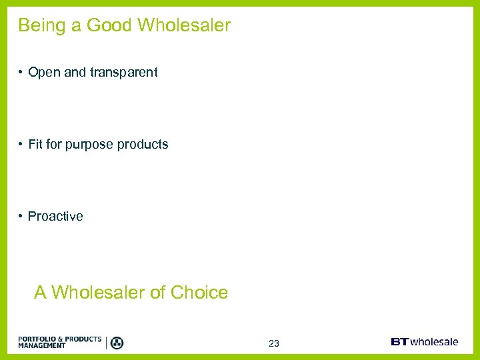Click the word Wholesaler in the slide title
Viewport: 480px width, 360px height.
point(184,26)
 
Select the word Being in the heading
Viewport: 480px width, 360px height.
point(41,26)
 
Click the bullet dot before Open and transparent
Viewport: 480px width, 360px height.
point(21,73)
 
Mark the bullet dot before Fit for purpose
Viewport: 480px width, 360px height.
point(21,144)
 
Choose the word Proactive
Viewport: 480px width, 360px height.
point(55,216)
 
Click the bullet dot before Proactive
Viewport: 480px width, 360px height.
point(21,216)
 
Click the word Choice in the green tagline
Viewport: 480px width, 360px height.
point(199,293)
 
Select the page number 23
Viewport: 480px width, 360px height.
point(274,344)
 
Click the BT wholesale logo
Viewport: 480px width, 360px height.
point(424,342)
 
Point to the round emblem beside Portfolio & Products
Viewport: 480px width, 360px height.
point(117,343)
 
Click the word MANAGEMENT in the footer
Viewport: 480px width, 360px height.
point(42,346)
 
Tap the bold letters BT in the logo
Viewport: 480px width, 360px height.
point(400,342)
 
